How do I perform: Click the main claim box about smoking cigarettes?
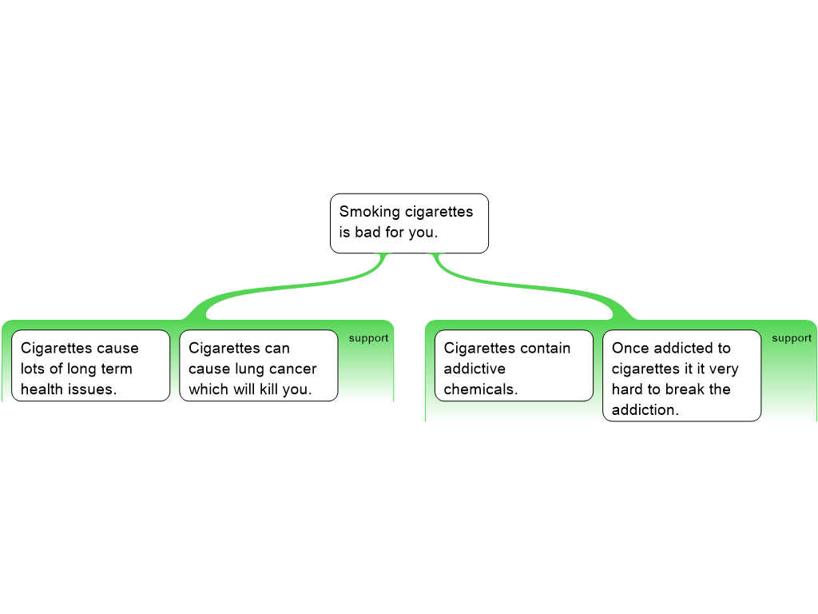[x=409, y=223]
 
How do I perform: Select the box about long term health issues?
[x=90, y=365]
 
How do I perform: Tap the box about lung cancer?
[x=258, y=365]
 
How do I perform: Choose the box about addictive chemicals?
[x=514, y=365]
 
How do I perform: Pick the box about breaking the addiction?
[x=681, y=376]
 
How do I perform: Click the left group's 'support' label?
[x=368, y=338]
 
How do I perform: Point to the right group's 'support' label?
[x=792, y=338]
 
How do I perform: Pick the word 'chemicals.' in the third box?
[x=481, y=390]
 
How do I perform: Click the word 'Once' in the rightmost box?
[x=629, y=349]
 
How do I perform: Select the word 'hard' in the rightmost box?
[x=628, y=390]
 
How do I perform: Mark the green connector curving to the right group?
[x=543, y=288]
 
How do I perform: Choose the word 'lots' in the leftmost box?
[x=34, y=369]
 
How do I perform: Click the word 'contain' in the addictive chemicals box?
[x=546, y=349]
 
